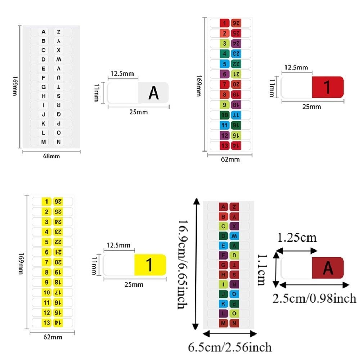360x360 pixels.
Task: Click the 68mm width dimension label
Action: [x=51, y=156]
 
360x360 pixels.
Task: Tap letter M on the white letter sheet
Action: [x=44, y=142]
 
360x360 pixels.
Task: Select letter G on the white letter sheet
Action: [x=44, y=87]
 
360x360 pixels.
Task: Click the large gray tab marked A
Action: [x=153, y=93]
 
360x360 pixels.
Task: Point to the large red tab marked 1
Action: [x=328, y=87]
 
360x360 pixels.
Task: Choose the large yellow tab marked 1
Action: [x=150, y=265]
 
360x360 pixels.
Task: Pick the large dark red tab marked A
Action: [x=328, y=268]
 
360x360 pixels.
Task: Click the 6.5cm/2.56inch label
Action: [x=230, y=347]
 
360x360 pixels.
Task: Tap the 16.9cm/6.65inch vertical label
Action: [x=183, y=264]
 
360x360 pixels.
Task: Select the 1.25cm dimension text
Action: [x=297, y=237]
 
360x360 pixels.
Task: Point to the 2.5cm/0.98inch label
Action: [x=314, y=298]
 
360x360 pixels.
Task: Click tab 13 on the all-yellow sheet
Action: [x=46, y=323]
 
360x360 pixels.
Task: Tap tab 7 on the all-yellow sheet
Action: [x=46, y=262]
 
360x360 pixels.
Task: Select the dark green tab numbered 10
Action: [x=225, y=115]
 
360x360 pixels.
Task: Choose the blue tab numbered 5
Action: [x=225, y=64]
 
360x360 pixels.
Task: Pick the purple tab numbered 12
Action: [x=225, y=135]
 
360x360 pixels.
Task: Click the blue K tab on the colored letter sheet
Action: [x=223, y=304]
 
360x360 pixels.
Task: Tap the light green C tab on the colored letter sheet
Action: [x=223, y=226]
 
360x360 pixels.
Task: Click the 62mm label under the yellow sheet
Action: [x=53, y=337]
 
